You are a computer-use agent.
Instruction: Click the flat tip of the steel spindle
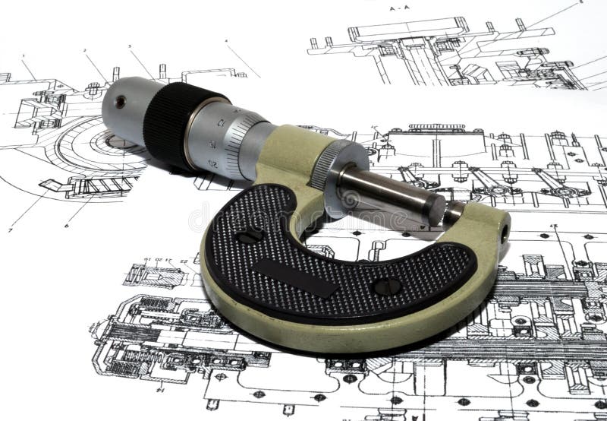point(435,208)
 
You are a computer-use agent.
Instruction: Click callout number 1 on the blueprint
point(23,55)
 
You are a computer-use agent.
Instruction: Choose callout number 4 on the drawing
point(226,40)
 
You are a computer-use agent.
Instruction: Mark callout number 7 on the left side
point(11,229)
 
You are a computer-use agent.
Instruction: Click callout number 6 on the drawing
point(67,226)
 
